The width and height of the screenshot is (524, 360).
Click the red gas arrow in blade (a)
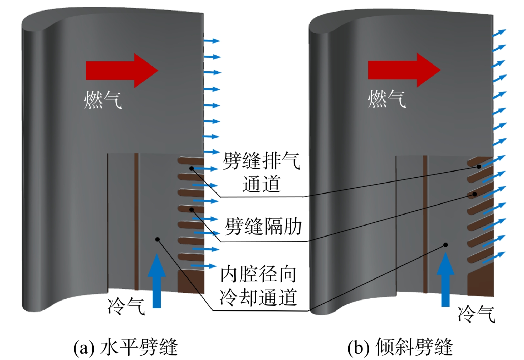pyautogui.click(x=122, y=71)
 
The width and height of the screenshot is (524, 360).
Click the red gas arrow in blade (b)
pyautogui.click(x=404, y=70)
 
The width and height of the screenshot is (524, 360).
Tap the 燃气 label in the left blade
pyautogui.click(x=103, y=100)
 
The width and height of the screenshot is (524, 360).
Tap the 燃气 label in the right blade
pyautogui.click(x=387, y=99)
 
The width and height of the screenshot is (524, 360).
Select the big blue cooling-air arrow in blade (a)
pyautogui.click(x=157, y=281)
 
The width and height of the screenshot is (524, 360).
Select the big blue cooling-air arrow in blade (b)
pyautogui.click(x=446, y=279)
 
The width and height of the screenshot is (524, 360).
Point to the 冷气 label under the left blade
pyautogui.click(x=126, y=306)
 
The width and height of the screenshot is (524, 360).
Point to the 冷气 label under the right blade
pyautogui.click(x=476, y=314)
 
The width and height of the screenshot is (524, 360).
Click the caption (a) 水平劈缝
pyautogui.click(x=126, y=347)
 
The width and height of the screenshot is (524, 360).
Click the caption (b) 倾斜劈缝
pyautogui.click(x=400, y=347)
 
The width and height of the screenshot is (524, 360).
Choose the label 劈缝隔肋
pyautogui.click(x=263, y=226)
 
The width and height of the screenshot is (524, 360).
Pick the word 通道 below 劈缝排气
pyautogui.click(x=261, y=184)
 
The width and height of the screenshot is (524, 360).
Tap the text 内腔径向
pyautogui.click(x=258, y=274)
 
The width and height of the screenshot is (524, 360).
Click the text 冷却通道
pyautogui.click(x=258, y=297)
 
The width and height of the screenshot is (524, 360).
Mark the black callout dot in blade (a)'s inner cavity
pyautogui.click(x=157, y=239)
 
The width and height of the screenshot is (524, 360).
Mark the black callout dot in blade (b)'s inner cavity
pyautogui.click(x=446, y=245)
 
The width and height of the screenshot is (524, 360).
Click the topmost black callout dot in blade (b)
pyautogui.click(x=479, y=167)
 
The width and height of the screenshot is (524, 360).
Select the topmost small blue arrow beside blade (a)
pyautogui.click(x=212, y=41)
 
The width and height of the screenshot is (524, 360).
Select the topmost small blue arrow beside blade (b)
pyautogui.click(x=499, y=33)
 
